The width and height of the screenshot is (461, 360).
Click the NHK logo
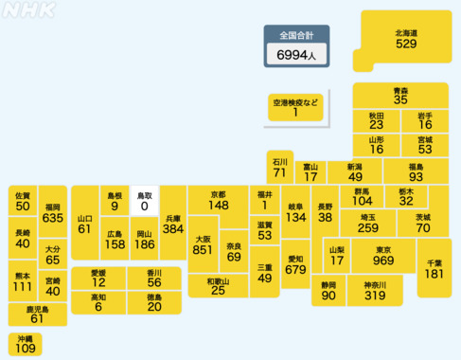[29, 10]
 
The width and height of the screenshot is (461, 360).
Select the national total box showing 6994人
[296, 46]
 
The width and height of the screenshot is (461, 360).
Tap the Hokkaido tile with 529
[406, 39]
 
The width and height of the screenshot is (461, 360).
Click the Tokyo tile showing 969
[383, 257]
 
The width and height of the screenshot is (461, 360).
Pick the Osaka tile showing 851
[203, 245]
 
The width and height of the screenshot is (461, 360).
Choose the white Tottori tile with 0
[145, 200]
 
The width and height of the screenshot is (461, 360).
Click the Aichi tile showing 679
[295, 264]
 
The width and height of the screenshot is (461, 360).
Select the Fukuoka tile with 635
[52, 213]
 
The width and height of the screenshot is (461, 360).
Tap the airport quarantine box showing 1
[295, 106]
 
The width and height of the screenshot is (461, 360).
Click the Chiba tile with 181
[434, 268]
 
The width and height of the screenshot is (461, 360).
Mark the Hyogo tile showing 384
[172, 224]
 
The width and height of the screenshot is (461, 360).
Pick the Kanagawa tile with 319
[375, 291]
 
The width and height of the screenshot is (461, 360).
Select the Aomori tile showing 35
[400, 94]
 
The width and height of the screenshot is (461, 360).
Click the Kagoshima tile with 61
[37, 314]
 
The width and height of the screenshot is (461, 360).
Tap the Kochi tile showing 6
[98, 302]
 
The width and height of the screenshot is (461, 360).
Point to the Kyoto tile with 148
[219, 200]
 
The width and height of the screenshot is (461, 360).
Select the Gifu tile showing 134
[295, 212]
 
